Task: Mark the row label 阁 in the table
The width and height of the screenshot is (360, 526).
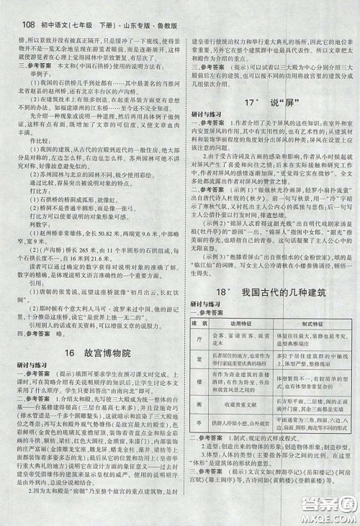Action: pyautogui.click(x=195, y=424)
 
